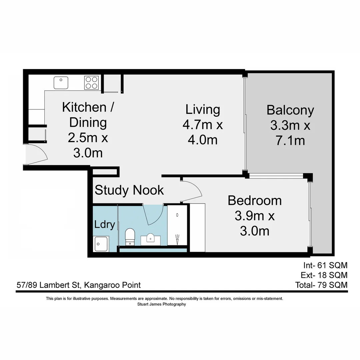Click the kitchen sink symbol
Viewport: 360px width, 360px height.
click(61, 83)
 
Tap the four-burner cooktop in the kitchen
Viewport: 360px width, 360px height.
click(91, 83)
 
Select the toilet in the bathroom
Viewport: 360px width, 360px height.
click(130, 236)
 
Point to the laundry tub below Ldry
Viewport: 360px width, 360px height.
click(101, 244)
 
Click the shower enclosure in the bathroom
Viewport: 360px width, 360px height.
click(177, 225)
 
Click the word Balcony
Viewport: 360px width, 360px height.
click(290, 110)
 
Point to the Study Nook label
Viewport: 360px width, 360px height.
click(129, 190)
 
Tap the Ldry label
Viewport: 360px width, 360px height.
click(105, 224)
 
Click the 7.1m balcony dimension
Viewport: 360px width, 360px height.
click(290, 141)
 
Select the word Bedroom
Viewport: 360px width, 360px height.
click(255, 201)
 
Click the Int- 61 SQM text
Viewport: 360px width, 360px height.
click(325, 265)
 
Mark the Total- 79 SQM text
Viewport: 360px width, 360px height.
click(321, 285)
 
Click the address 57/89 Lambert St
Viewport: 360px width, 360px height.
click(49, 285)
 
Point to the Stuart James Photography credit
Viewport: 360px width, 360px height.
click(161, 304)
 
